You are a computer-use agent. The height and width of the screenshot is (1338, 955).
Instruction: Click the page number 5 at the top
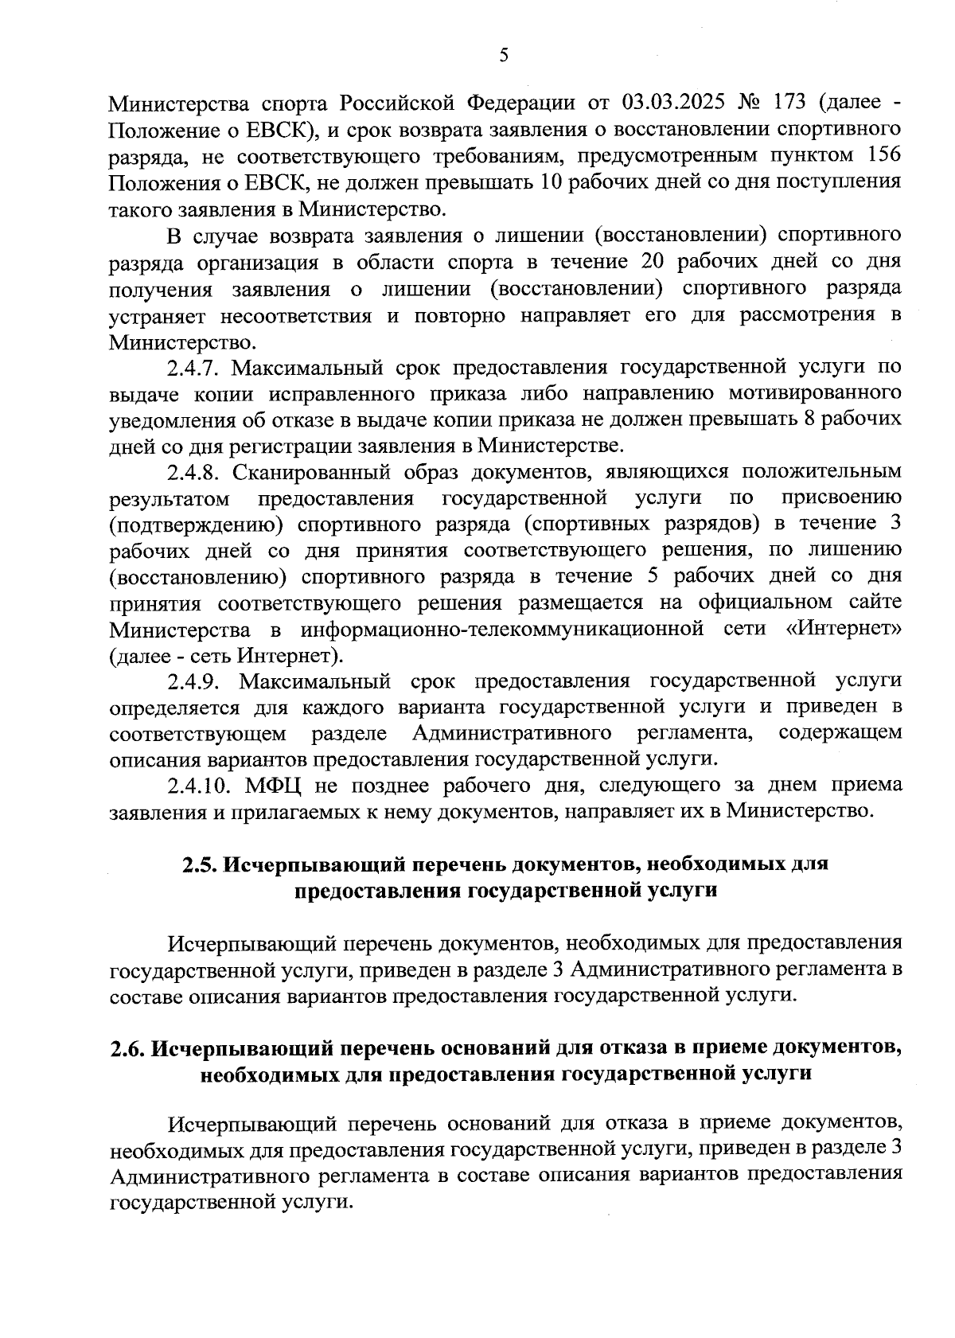click(x=503, y=55)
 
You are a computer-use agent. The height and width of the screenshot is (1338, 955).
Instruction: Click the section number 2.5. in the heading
click(x=199, y=864)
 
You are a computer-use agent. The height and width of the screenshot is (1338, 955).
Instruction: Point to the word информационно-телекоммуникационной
click(x=502, y=629)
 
